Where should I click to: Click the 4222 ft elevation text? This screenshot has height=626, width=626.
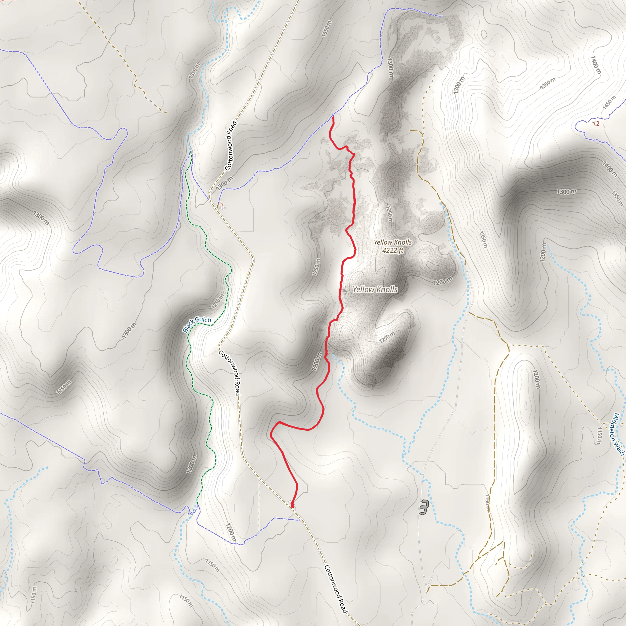click(393, 250)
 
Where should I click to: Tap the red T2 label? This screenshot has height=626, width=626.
click(596, 123)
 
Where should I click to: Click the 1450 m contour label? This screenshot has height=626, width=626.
click(609, 102)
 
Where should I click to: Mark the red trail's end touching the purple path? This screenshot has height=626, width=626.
click(333, 117)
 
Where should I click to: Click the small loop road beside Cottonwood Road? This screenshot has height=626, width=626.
click(222, 206)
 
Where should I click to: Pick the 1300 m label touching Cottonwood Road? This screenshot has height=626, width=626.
click(224, 183)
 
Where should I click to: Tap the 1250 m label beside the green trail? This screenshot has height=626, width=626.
click(217, 301)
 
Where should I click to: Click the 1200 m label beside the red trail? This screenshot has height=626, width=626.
click(317, 361)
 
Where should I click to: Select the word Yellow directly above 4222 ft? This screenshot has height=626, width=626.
click(383, 242)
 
